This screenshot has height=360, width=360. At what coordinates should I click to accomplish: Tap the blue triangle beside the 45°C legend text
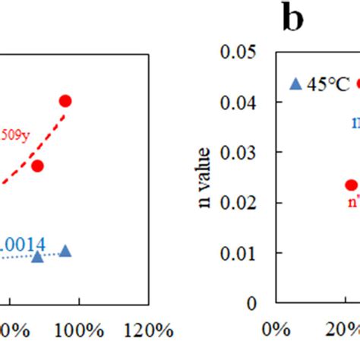pyautogui.click(x=295, y=84)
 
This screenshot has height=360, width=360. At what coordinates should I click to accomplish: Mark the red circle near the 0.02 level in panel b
pyautogui.click(x=351, y=185)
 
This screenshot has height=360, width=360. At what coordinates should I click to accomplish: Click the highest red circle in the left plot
pyautogui.click(x=65, y=101)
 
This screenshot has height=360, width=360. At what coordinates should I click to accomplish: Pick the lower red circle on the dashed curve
pyautogui.click(x=37, y=166)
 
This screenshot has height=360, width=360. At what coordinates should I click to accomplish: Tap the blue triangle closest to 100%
pyautogui.click(x=65, y=251)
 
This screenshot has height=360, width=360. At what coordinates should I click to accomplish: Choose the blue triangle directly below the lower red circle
pyautogui.click(x=37, y=257)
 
